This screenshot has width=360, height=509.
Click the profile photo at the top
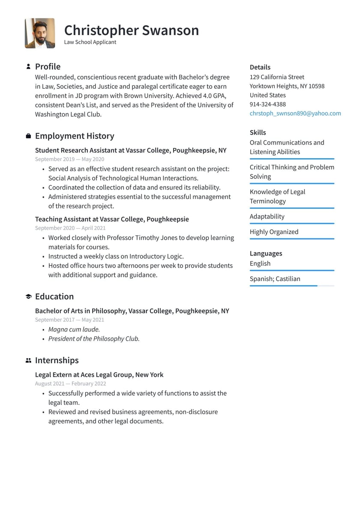[x=40, y=33]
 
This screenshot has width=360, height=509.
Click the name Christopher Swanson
[x=131, y=30]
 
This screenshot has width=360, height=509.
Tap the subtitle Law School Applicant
[x=90, y=42]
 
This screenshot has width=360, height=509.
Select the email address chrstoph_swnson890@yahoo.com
[x=295, y=113]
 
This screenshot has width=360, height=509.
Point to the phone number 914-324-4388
[x=267, y=104]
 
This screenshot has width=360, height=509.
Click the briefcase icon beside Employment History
[x=28, y=136]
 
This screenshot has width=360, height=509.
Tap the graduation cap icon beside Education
[x=28, y=296]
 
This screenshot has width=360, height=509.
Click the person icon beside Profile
[x=28, y=66]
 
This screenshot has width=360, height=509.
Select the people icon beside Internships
[x=28, y=361]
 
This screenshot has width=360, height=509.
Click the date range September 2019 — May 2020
[x=69, y=159]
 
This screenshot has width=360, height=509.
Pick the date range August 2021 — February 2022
[x=70, y=383]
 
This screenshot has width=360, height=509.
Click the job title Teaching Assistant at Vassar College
[x=112, y=219]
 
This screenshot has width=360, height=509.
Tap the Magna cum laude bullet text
[x=74, y=329]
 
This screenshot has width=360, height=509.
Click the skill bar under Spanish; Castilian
[x=291, y=286]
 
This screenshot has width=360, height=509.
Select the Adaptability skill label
[x=267, y=217]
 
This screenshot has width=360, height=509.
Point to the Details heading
[x=260, y=67]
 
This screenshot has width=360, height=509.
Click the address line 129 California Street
[x=277, y=77]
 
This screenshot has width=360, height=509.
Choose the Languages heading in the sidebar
[x=266, y=253]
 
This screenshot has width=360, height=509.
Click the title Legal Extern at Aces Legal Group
[x=99, y=375]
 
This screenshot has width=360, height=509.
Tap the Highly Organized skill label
[x=274, y=232]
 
